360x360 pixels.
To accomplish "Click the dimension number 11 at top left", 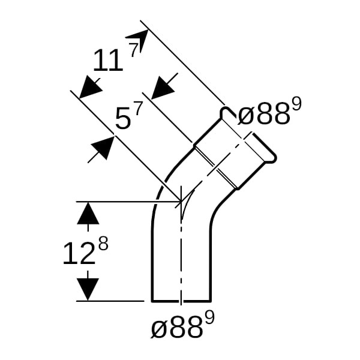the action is (x=107, y=61).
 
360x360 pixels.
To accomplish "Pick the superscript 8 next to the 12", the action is (x=103, y=244).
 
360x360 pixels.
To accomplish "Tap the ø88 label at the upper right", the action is (x=263, y=114).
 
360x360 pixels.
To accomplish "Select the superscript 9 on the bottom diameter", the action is (x=209, y=319).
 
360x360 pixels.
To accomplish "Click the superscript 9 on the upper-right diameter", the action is (x=296, y=104).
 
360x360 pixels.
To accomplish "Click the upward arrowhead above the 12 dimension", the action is (x=88, y=213).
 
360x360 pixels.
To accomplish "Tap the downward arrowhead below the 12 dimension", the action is (x=88, y=289).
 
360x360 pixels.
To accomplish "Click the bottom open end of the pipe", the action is (x=181, y=301).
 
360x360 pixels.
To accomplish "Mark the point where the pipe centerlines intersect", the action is (x=181, y=202).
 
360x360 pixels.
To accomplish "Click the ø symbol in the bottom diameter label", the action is (x=158, y=329).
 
